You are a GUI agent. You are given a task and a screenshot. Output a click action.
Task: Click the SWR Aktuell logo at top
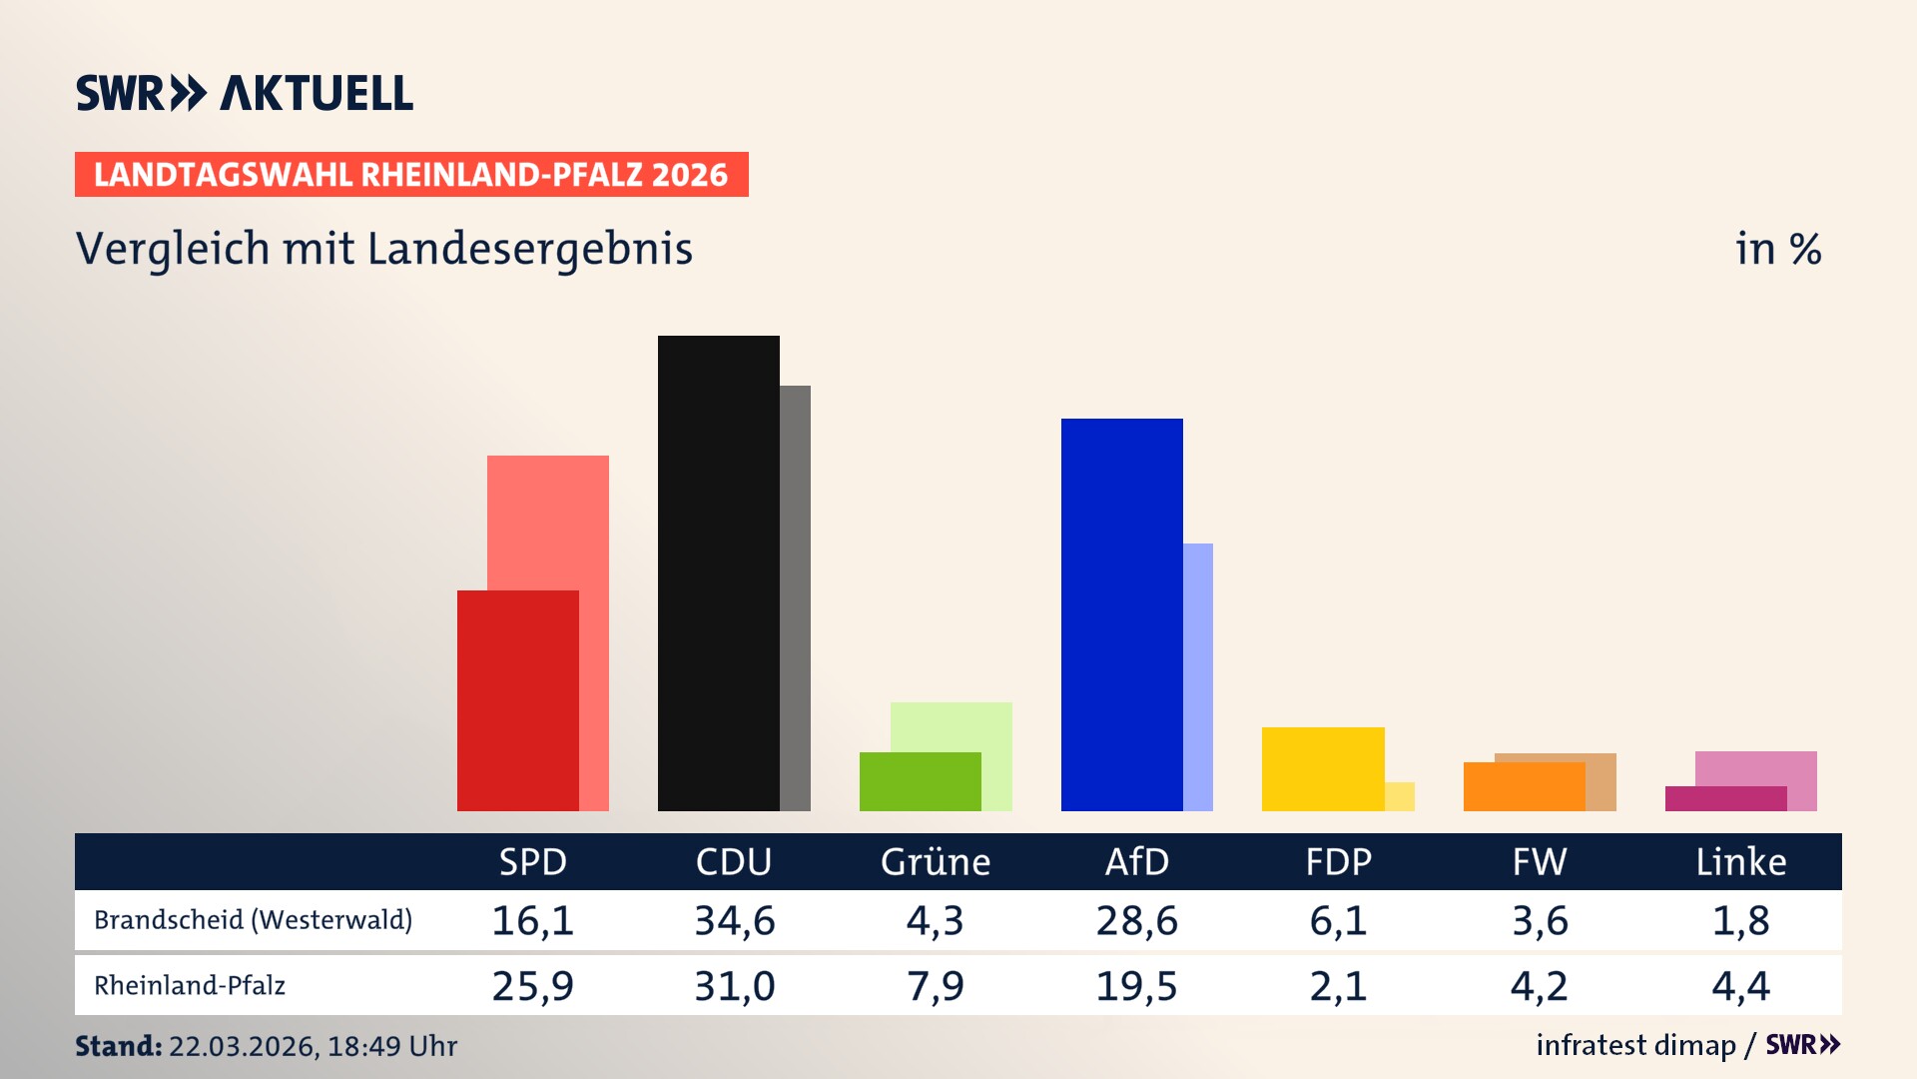coord(244,93)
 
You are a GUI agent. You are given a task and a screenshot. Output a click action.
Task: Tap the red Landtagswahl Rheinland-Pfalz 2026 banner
coord(410,175)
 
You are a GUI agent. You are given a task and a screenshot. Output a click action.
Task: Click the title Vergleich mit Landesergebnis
coord(383,249)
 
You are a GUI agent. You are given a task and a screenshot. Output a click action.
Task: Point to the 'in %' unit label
coord(1777,249)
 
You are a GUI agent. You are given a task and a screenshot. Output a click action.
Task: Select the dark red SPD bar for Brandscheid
coord(517,699)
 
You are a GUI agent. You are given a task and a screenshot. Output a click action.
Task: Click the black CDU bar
coord(718,572)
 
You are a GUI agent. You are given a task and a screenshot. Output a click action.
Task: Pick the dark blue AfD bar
coord(1121,614)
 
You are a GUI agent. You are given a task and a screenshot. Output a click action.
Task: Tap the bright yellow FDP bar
coord(1322,768)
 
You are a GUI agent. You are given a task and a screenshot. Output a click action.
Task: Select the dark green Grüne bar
coord(920,781)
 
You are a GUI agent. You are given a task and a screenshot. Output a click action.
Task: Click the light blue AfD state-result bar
coord(1198,676)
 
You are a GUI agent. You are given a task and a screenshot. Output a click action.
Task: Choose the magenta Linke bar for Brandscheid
coord(1725,798)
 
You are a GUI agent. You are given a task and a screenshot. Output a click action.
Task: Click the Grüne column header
coord(936,861)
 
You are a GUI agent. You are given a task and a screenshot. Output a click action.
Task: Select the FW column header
coord(1539,861)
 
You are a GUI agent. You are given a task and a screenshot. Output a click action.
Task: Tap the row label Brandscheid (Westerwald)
coord(253,919)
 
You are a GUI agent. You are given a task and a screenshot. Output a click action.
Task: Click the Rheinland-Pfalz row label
coord(190,985)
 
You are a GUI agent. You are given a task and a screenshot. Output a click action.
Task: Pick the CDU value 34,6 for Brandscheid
coord(735,920)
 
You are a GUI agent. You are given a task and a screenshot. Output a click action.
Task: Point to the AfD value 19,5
coord(1136,986)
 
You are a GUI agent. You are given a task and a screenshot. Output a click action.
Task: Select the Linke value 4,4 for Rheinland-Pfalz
coord(1740,986)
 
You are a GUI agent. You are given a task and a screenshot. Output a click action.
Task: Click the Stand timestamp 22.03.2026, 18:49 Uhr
coord(313,1046)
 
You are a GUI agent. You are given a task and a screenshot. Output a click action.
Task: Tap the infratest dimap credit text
coord(1635,1045)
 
